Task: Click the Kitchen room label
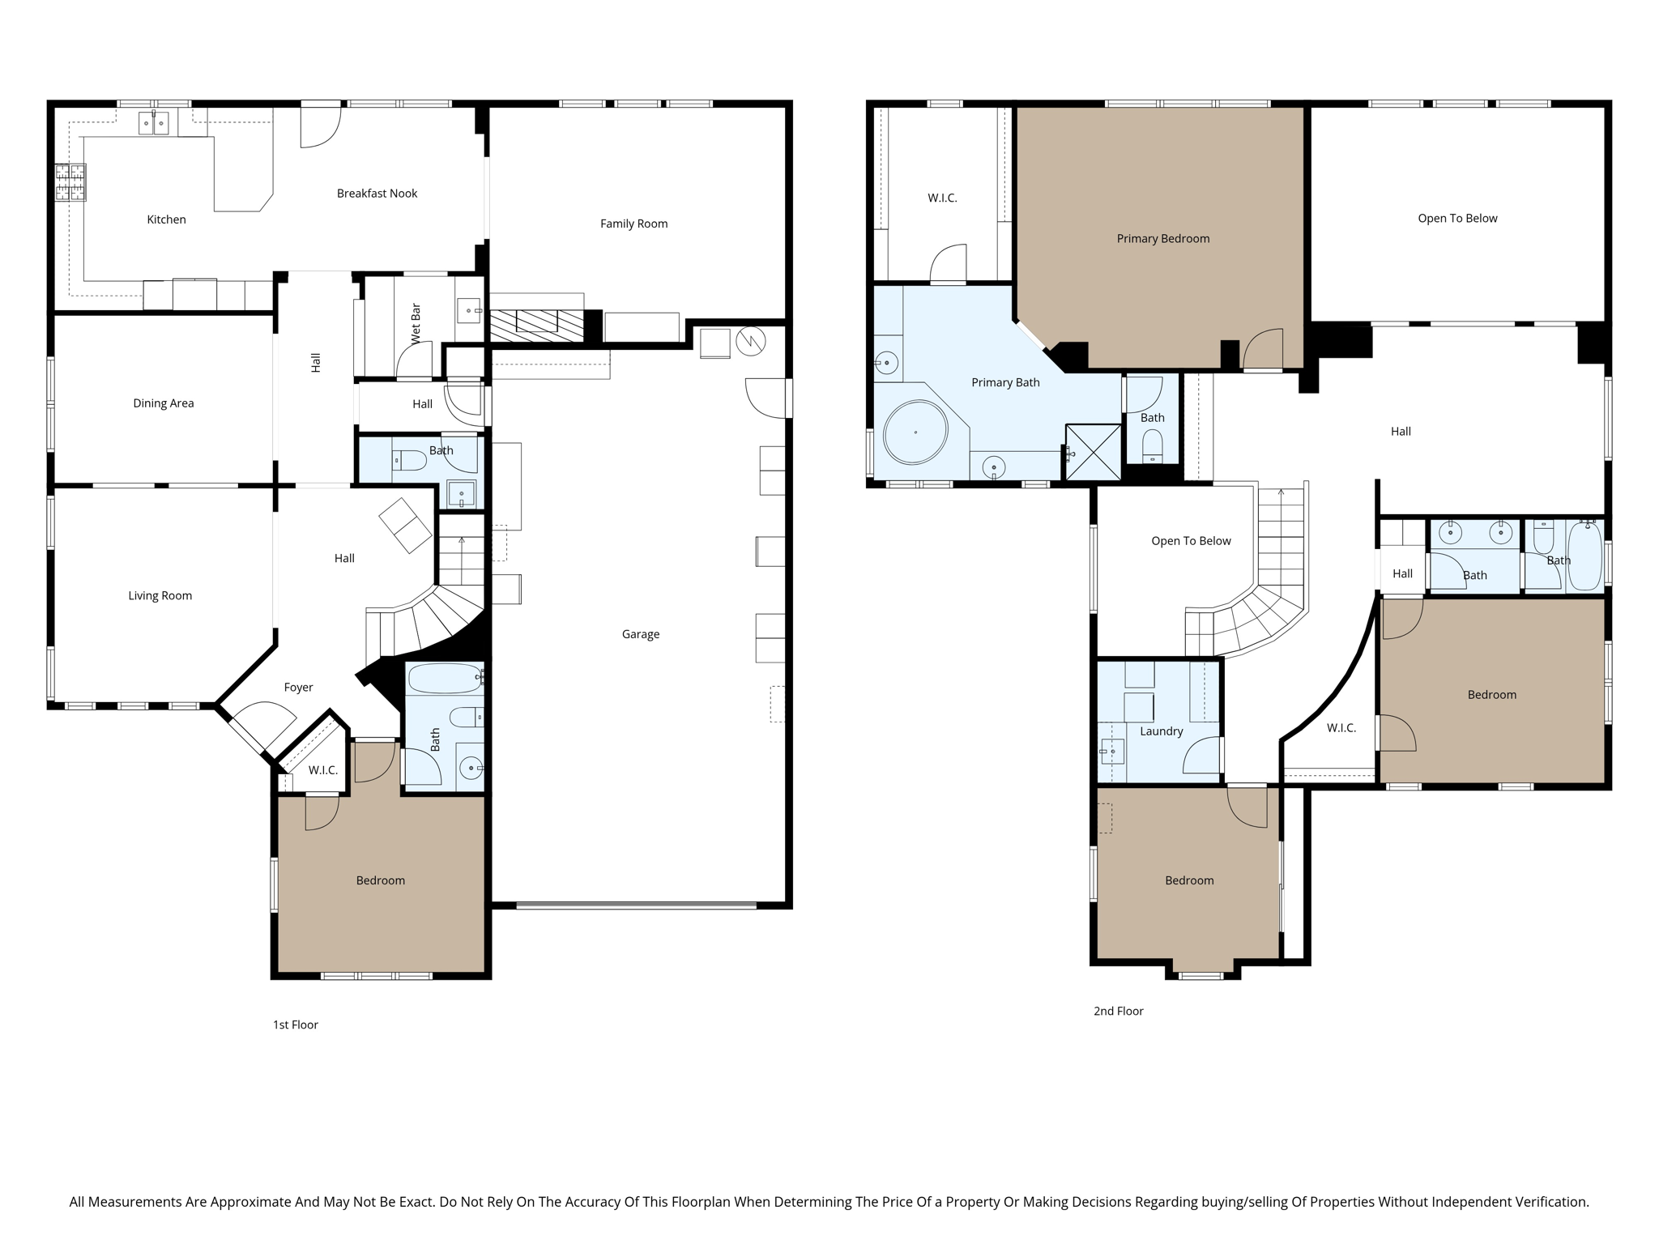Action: (166, 219)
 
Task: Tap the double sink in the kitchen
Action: (154, 124)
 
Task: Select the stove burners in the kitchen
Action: (70, 182)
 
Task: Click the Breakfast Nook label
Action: (377, 194)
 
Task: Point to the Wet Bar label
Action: (416, 323)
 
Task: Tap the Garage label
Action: (640, 634)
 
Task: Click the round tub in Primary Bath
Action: (915, 432)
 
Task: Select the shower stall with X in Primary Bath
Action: (1093, 452)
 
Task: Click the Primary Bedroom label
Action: (1162, 239)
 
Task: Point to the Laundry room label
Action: (1161, 731)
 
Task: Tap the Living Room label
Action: (160, 596)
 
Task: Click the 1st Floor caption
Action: (295, 1025)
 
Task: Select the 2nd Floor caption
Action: (1118, 1011)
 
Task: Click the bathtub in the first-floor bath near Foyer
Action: (444, 679)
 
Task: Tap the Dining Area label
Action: (163, 403)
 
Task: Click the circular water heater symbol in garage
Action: (750, 342)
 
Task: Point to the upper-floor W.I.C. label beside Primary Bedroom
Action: (942, 198)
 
